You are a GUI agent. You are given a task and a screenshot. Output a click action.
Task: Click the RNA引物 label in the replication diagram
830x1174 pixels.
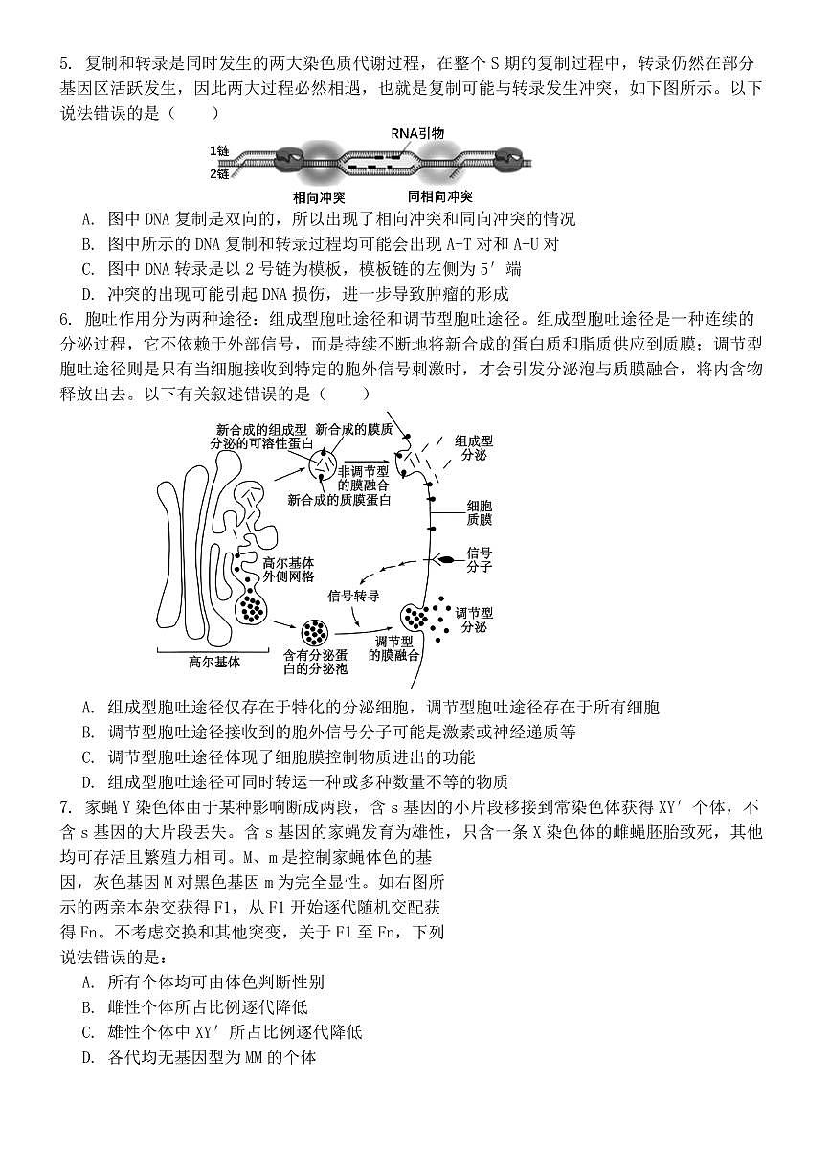point(417,133)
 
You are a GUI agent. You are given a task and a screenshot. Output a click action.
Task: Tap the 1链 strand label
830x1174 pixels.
point(220,151)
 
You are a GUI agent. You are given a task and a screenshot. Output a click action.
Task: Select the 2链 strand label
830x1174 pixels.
point(220,174)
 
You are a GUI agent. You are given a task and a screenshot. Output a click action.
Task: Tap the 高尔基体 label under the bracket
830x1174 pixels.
point(214,662)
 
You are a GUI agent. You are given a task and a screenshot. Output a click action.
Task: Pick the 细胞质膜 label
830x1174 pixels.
point(479,511)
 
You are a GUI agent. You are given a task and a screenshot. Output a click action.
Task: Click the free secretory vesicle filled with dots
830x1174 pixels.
point(314,632)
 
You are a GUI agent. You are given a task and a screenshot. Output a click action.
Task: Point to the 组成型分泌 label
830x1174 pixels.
point(473,447)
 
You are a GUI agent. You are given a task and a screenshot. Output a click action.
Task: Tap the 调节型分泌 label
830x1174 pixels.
point(473,619)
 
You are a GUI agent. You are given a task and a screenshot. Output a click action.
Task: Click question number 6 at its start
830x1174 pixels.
point(65,319)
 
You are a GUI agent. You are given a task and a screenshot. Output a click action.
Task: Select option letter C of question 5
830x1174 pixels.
point(88,269)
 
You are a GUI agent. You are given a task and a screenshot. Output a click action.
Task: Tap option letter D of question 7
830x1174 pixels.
point(88,1057)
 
